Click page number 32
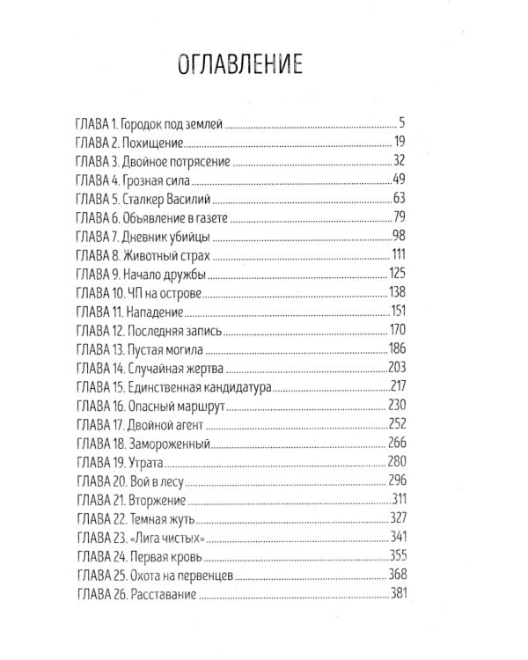click(x=398, y=161)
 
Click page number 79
click(x=398, y=217)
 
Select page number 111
click(x=397, y=255)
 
